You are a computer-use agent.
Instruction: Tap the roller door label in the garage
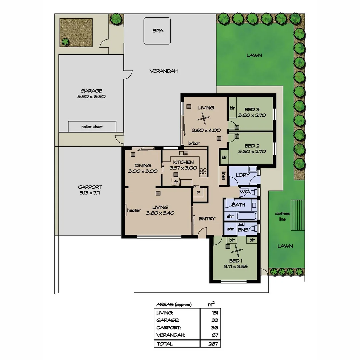[92, 127]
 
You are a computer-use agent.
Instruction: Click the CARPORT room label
[90, 187]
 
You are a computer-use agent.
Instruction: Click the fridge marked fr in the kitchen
[175, 182]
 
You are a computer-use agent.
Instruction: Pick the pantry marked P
[198, 192]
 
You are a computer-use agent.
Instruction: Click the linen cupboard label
[222, 176]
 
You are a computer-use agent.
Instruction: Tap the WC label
[244, 192]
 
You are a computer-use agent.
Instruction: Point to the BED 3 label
[252, 109]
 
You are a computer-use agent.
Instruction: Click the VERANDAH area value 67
[215, 335]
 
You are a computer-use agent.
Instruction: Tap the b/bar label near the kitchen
[193, 144]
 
